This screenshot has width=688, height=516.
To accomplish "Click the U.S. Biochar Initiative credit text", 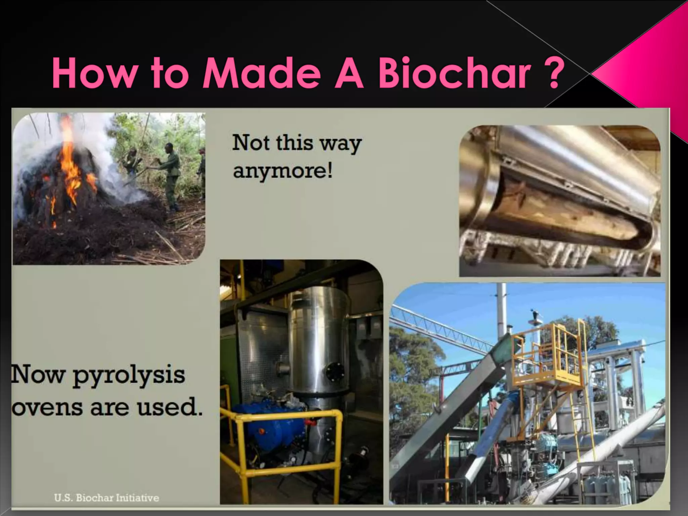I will click(106, 498).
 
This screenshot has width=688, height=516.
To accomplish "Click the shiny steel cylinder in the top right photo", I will click(571, 158).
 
